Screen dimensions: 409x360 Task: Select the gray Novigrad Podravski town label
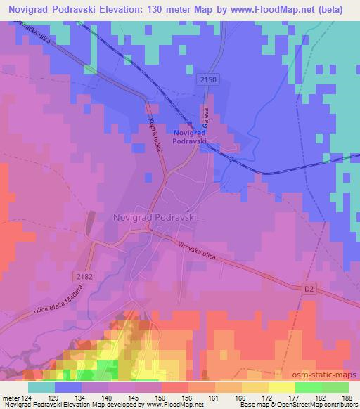coord(154,218)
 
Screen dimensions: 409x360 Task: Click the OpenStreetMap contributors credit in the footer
coord(314,405)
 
